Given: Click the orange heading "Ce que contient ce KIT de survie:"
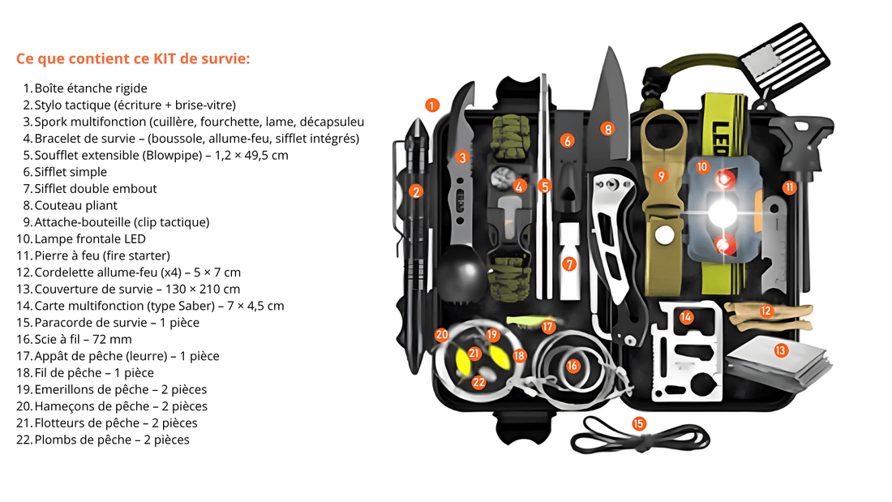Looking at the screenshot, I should [x=133, y=59].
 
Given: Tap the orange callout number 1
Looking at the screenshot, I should [x=432, y=105].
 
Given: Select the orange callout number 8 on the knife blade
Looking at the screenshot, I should [x=607, y=128].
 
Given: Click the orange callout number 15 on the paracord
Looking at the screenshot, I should [x=638, y=423].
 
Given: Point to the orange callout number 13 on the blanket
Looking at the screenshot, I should [x=780, y=350].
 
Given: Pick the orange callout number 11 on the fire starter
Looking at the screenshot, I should [x=789, y=187].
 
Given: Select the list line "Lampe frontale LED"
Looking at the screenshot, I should [x=89, y=239].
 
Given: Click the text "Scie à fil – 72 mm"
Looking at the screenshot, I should [x=82, y=340].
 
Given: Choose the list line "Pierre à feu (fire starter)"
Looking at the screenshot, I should [x=101, y=256].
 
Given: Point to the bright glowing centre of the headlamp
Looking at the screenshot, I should [x=719, y=212].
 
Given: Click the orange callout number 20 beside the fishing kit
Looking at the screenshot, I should [x=441, y=334].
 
